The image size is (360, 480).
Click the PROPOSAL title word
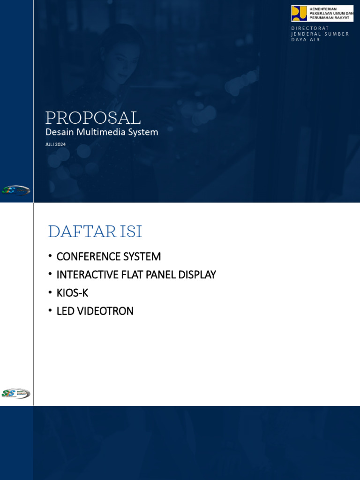coord(93,118)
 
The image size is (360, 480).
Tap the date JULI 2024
coord(55,144)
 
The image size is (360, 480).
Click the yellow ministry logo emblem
coord(299,13)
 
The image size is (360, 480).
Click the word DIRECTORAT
coord(310,28)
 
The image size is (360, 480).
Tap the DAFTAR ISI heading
coord(95,232)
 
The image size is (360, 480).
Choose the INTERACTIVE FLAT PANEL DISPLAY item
coord(136,275)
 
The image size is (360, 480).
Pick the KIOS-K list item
coord(72,293)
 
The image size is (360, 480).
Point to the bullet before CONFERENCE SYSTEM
coord(50,256)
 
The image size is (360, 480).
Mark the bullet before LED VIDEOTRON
coord(50,311)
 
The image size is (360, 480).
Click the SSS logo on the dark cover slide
coord(16,190)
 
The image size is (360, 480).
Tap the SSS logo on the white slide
coord(16,393)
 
